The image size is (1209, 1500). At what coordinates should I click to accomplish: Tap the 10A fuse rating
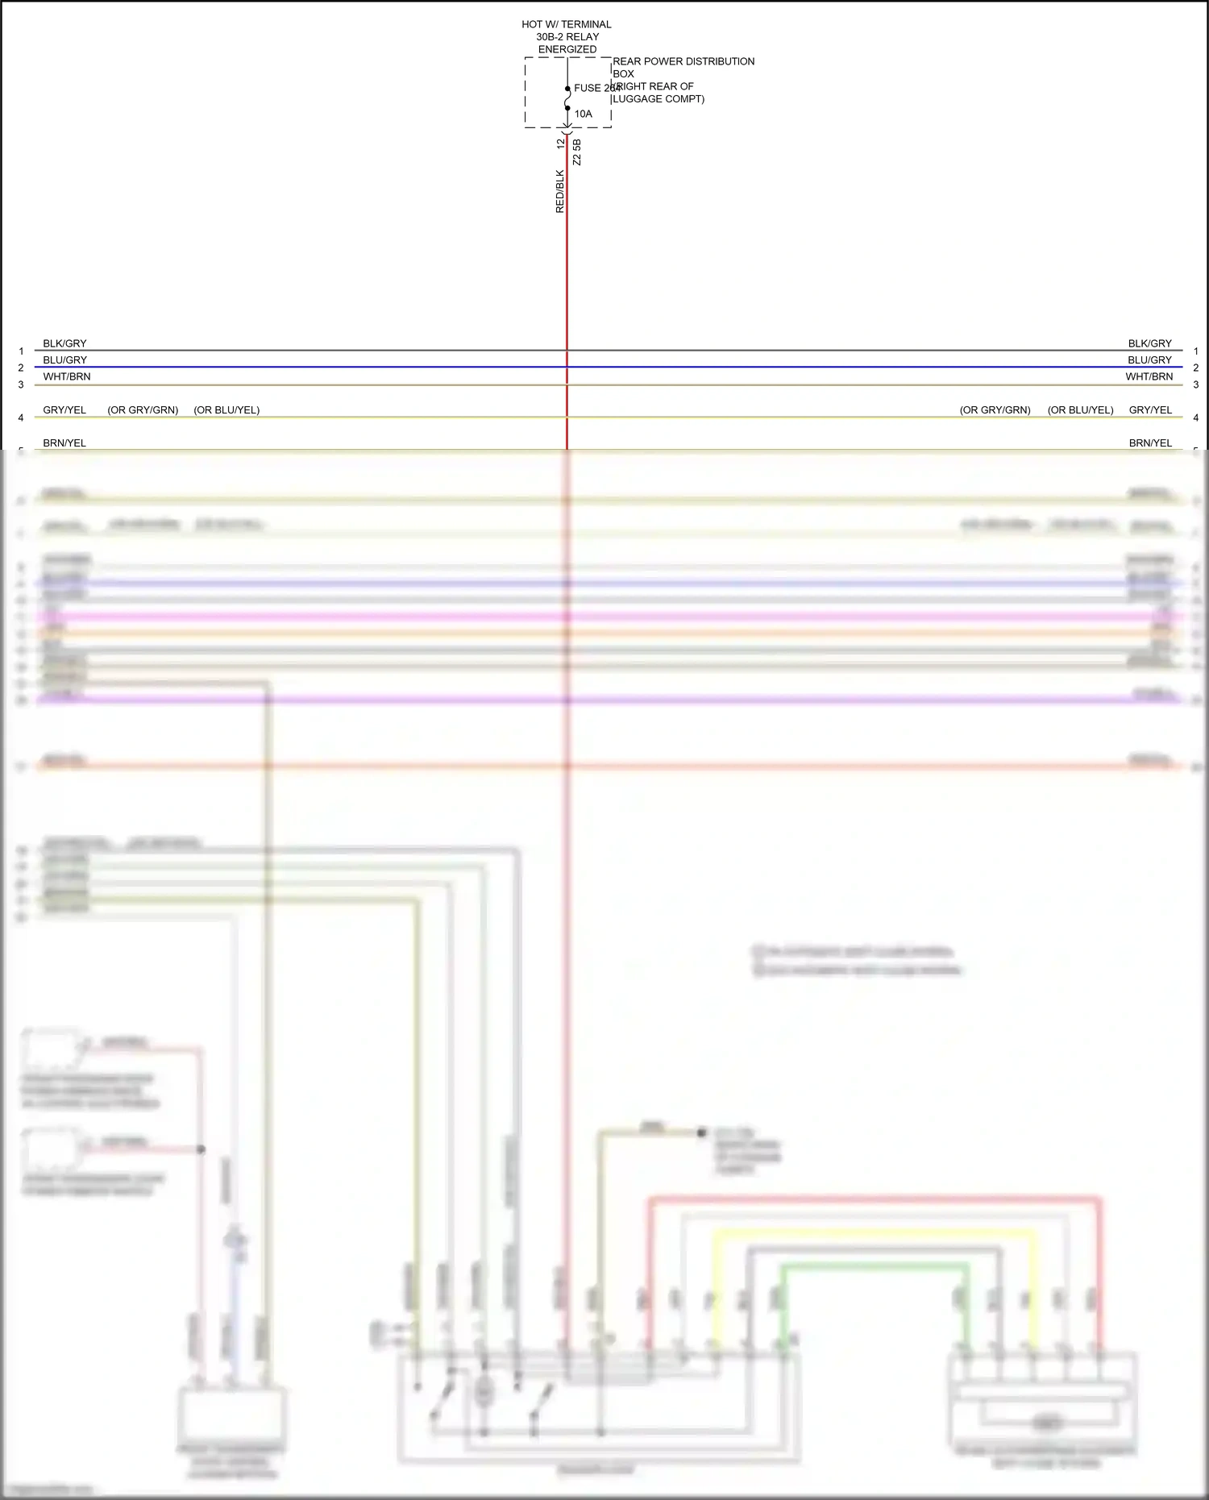pos(583,114)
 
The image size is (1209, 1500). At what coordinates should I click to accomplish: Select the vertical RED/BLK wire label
pos(560,191)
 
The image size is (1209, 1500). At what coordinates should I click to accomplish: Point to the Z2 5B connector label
pos(576,152)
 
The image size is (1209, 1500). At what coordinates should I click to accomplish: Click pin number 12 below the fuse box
pos(561,143)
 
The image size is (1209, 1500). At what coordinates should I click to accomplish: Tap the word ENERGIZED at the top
pos(567,49)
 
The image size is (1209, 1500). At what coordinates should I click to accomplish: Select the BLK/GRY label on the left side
pos(64,343)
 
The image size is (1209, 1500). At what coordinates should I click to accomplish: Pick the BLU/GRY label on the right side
pos(1149,360)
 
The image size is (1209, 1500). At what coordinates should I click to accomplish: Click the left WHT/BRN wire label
pos(67,376)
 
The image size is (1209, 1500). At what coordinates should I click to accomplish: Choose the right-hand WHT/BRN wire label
pos(1149,376)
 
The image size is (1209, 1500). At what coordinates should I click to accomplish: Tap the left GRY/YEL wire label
pos(64,409)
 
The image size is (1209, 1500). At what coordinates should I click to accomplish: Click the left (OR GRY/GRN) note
pos(143,409)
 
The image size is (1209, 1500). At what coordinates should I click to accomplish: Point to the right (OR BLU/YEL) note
pos(1080,409)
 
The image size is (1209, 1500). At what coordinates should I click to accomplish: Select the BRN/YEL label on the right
pos(1150,443)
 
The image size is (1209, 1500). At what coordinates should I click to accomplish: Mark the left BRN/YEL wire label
pos(64,443)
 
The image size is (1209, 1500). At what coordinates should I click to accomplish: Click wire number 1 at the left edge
pos(21,351)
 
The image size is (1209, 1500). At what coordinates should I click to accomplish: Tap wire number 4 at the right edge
pos(1196,418)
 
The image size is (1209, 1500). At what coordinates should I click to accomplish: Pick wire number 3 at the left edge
pos(21,384)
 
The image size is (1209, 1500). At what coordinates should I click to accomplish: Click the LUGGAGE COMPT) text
pos(658,99)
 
